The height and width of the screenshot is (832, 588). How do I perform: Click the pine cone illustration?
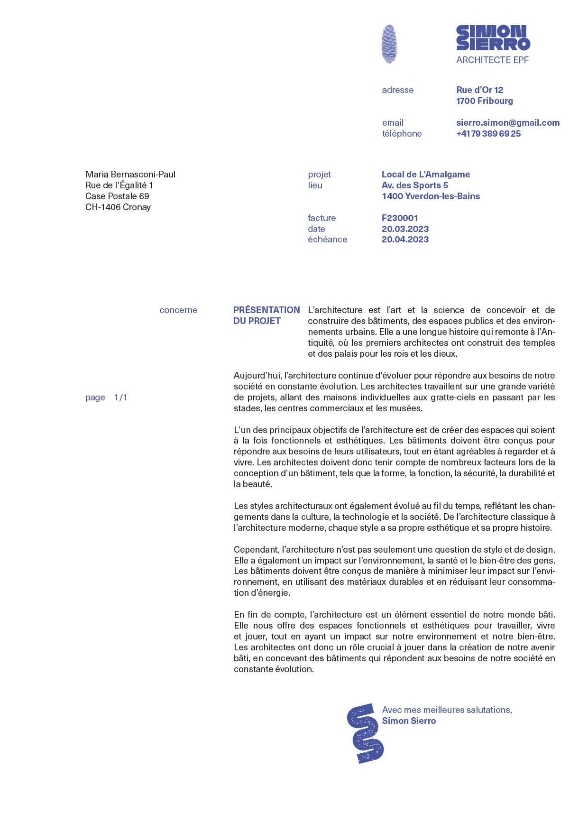[x=389, y=44]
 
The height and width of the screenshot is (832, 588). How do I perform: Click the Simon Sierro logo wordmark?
[x=493, y=38]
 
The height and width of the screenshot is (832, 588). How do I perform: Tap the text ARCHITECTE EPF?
[x=492, y=60]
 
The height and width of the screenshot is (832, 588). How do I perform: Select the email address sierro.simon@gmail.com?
[x=507, y=123]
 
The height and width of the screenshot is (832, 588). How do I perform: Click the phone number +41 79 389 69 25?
[x=488, y=134]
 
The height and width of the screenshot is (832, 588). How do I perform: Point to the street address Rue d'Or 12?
[x=479, y=90]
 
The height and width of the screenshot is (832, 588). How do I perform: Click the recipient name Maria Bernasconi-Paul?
[x=130, y=175]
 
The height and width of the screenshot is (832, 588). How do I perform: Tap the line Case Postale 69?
[x=117, y=196]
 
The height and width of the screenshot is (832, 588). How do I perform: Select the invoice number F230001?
[x=400, y=218]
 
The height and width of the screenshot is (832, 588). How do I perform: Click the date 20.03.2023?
[x=405, y=229]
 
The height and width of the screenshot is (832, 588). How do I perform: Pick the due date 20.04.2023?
[x=405, y=240]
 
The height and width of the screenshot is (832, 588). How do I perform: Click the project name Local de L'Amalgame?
[x=425, y=175]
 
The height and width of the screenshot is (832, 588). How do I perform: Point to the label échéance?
[x=327, y=240]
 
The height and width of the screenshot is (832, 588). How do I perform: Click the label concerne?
[x=178, y=310]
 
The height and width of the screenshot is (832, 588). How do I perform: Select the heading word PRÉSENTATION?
[x=266, y=310]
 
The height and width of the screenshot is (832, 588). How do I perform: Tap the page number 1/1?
[x=121, y=398]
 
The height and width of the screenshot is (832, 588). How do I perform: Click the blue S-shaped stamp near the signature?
[x=365, y=733]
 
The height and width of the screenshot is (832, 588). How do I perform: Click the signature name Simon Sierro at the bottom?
[x=409, y=721]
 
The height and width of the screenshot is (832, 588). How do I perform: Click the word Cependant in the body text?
[x=256, y=550]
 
